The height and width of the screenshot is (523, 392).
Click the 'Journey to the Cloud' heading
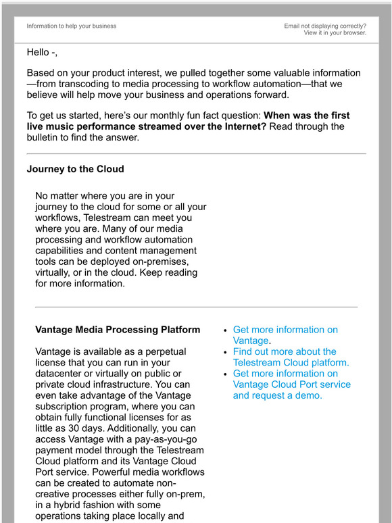pyautogui.click(x=75, y=169)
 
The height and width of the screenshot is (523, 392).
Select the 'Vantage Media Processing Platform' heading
pyautogui.click(x=117, y=330)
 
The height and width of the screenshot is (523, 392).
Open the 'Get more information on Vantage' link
pyautogui.click(x=285, y=335)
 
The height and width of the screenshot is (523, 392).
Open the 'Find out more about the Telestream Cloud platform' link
pyautogui.click(x=291, y=357)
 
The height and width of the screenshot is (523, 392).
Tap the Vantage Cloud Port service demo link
pyautogui.click(x=291, y=384)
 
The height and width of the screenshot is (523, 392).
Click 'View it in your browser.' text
pyautogui.click(x=335, y=32)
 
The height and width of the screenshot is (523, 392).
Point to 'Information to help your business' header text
pyautogui.click(x=72, y=26)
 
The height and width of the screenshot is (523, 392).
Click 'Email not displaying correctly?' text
pyautogui.click(x=325, y=26)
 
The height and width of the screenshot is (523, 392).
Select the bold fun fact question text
pyautogui.click(x=189, y=121)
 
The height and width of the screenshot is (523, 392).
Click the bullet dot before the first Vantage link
pyautogui.click(x=226, y=330)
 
